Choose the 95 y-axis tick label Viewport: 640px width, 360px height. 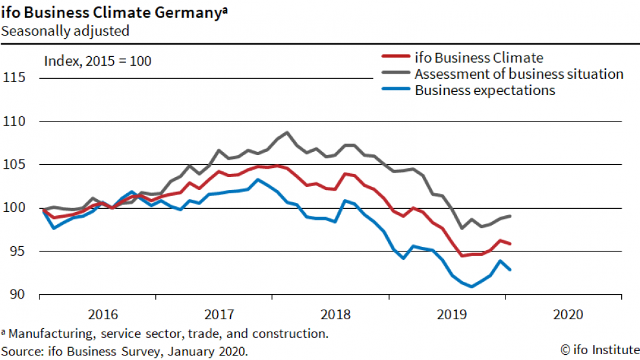21,251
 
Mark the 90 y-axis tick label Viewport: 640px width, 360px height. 21,295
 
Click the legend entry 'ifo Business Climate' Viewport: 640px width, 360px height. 478,58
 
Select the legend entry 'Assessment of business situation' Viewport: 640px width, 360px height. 518,74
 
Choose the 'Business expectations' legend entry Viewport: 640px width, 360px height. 485,90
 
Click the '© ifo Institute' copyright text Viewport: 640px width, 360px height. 599,350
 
